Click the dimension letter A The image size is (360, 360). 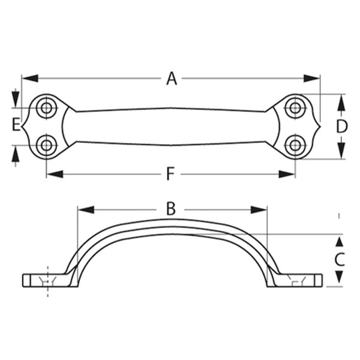pyautogui.click(x=172, y=79)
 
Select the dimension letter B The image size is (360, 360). pyautogui.click(x=171, y=209)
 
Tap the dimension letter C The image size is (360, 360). pyautogui.click(x=340, y=259)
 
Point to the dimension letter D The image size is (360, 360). pyautogui.click(x=342, y=127)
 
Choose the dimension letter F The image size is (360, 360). pyautogui.click(x=170, y=174)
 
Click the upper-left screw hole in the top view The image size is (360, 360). pyautogui.click(x=47, y=108)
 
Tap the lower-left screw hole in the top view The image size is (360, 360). pyautogui.click(x=47, y=145)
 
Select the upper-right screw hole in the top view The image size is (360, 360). pyautogui.click(x=295, y=108)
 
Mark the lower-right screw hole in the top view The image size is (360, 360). pyautogui.click(x=295, y=145)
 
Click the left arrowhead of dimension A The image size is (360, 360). pyautogui.click(x=30, y=78)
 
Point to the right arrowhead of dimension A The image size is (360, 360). pyautogui.click(x=311, y=78)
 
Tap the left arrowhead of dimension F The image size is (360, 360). pyautogui.click(x=55, y=174)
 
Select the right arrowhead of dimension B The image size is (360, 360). pyautogui.click(x=259, y=209)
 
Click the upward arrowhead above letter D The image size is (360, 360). pyautogui.click(x=342, y=103)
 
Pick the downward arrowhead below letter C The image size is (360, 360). pyautogui.click(x=340, y=278)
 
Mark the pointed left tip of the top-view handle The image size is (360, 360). pyautogui.click(x=22, y=127)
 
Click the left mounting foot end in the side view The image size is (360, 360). pyautogui.click(x=23, y=280)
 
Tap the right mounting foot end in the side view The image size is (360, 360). pyautogui.click(x=322, y=280)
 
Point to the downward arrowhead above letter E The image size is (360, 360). pyautogui.click(x=16, y=99)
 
